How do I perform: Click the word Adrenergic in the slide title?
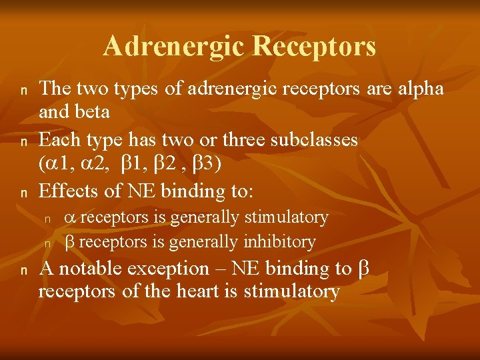[173, 47]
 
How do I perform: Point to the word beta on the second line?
[91, 111]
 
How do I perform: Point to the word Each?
[58, 140]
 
